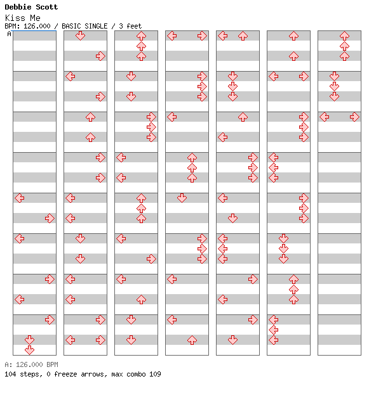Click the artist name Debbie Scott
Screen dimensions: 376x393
[31, 7]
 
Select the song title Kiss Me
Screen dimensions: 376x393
[23, 18]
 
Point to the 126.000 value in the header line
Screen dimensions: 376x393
[37, 26]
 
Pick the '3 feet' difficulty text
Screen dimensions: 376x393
[130, 26]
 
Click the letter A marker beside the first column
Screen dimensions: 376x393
[10, 34]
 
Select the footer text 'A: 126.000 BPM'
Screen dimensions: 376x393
[31, 364]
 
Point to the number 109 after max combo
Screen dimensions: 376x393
[155, 374]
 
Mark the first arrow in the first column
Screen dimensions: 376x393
[20, 198]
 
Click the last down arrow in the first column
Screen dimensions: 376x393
[30, 350]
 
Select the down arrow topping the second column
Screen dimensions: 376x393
[81, 36]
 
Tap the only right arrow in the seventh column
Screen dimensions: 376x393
[354, 117]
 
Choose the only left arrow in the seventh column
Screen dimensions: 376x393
[325, 117]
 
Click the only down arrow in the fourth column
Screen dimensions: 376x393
[182, 198]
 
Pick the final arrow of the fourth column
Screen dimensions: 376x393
[192, 340]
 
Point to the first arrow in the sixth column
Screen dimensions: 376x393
[293, 36]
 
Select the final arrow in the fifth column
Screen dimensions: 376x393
[233, 340]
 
